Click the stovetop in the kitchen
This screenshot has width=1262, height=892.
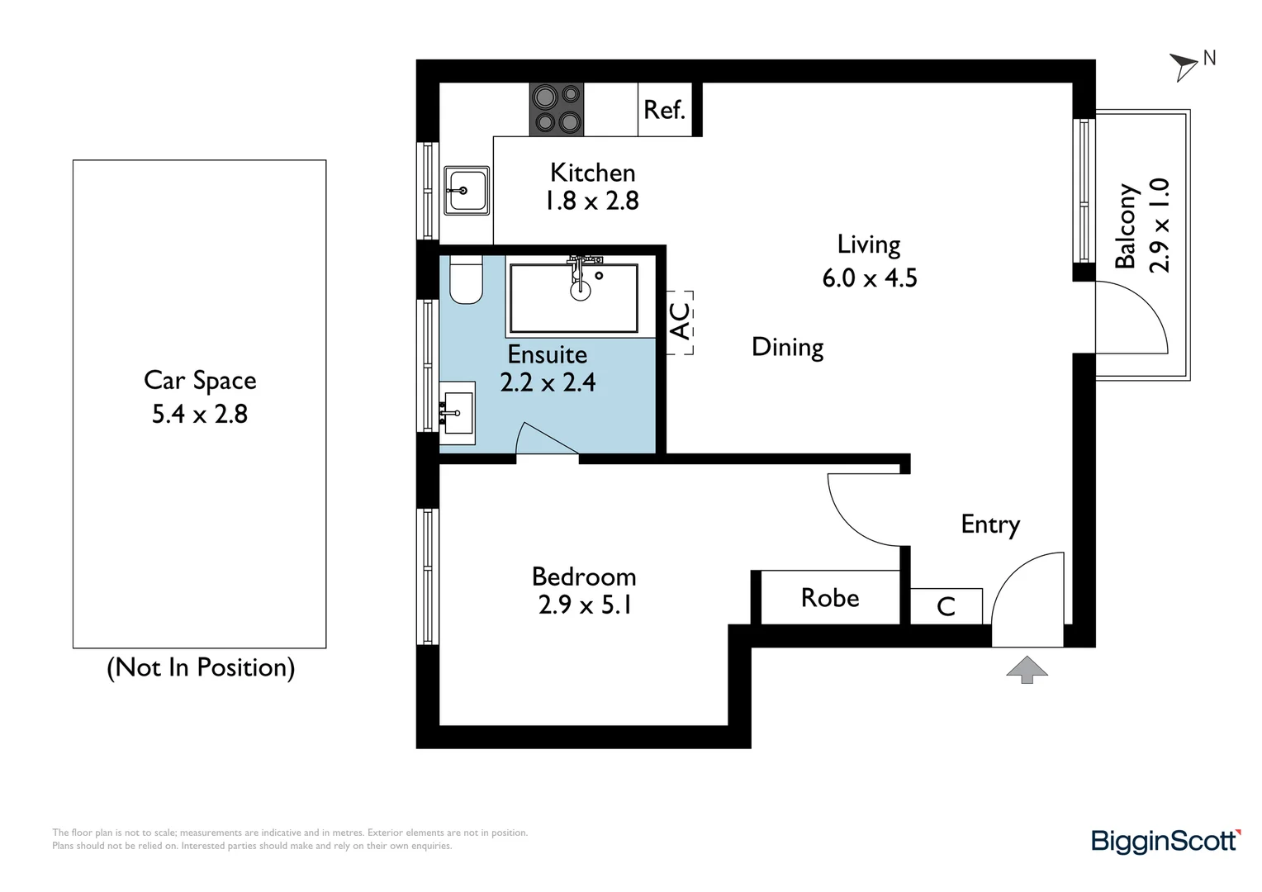tap(557, 109)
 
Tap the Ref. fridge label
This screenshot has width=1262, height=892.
tap(664, 110)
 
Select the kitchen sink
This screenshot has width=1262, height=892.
tap(467, 191)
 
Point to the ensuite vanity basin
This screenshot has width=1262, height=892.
tap(456, 412)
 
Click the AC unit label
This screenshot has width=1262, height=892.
tap(680, 322)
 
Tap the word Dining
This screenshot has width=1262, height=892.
tap(787, 347)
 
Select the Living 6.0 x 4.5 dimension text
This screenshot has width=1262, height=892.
tap(869, 278)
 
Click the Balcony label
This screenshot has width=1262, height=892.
tap(1127, 226)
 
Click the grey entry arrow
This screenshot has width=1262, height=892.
tap(1027, 669)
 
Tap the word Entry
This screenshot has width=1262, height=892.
tap(990, 524)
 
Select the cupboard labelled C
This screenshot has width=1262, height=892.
tap(946, 607)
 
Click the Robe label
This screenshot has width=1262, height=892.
tap(829, 598)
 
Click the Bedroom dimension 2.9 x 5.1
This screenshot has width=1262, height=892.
tap(585, 605)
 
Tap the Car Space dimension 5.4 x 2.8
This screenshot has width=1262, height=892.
tap(200, 414)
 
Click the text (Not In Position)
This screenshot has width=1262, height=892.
tap(201, 667)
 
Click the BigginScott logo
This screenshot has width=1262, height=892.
tap(1165, 841)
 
